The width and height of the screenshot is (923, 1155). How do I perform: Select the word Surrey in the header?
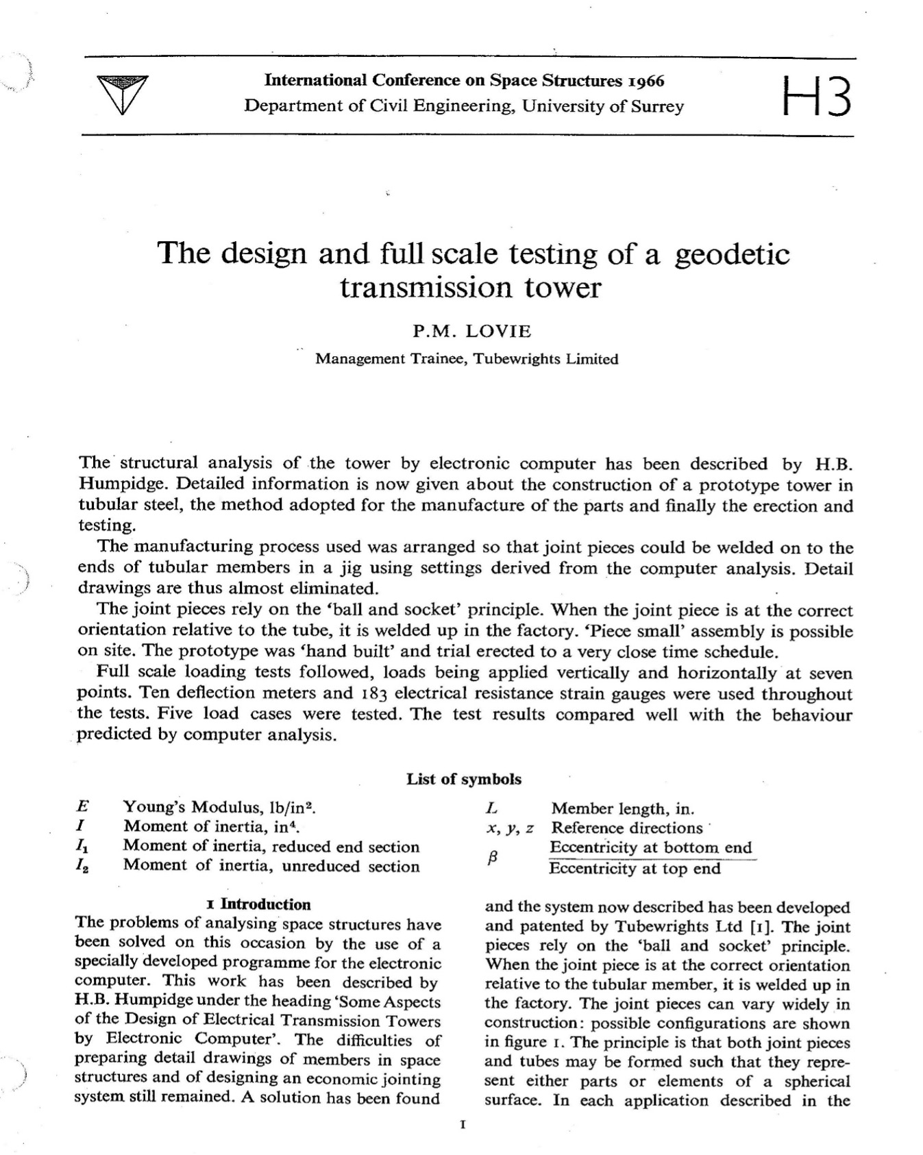point(659,106)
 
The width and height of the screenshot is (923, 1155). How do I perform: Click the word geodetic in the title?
point(732,254)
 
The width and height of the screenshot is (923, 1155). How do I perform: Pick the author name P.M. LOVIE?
point(471,332)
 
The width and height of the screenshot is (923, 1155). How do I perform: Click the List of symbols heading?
point(464,779)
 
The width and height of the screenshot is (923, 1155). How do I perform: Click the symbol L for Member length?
point(491,808)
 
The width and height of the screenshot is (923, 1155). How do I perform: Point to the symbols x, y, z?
point(509,828)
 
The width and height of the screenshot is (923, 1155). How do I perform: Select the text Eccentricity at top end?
point(635,869)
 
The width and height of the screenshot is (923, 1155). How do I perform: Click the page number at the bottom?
point(464,1124)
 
